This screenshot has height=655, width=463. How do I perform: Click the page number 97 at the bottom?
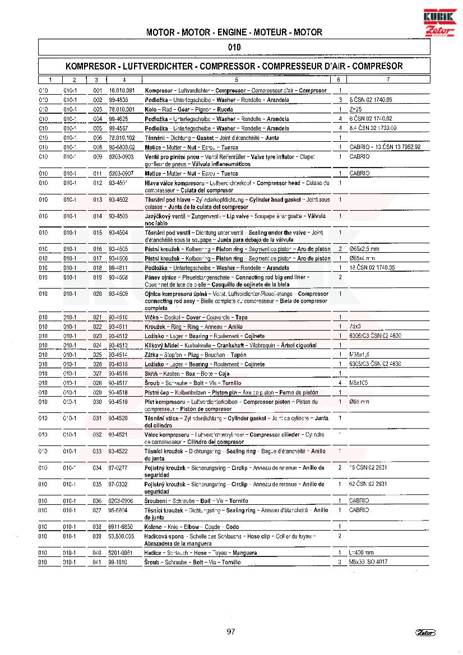(x=231, y=632)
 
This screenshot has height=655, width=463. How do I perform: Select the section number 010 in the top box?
(x=235, y=47)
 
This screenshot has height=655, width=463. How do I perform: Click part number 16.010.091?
(x=122, y=90)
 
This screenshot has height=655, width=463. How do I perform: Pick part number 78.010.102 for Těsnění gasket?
(x=122, y=137)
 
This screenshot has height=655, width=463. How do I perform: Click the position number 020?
(x=98, y=294)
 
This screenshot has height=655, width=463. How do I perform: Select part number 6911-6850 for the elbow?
(x=121, y=527)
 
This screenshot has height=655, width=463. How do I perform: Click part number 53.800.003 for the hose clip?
(x=122, y=536)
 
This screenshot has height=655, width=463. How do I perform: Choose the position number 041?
(x=98, y=562)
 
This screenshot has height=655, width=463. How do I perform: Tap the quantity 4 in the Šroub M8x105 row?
(x=340, y=383)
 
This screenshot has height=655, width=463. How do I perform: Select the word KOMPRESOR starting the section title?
(x=87, y=66)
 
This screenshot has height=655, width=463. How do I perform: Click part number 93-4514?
(x=118, y=355)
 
